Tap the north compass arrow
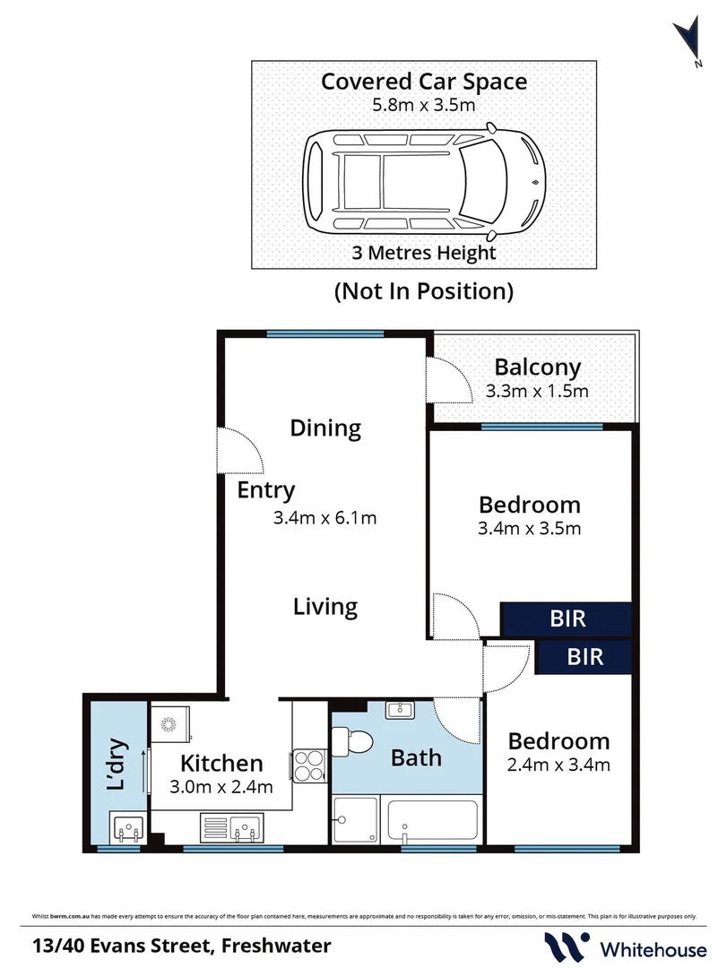[689, 39]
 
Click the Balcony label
[537, 367]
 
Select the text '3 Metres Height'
[424, 252]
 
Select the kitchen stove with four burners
[307, 766]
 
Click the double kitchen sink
[231, 825]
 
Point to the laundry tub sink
[126, 827]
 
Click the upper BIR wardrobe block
[567, 619]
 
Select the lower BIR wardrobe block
[584, 657]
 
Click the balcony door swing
[447, 380]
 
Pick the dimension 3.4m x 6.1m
[325, 517]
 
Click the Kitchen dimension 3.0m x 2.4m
[221, 790]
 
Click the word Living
[325, 607]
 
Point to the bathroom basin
[398, 710]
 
